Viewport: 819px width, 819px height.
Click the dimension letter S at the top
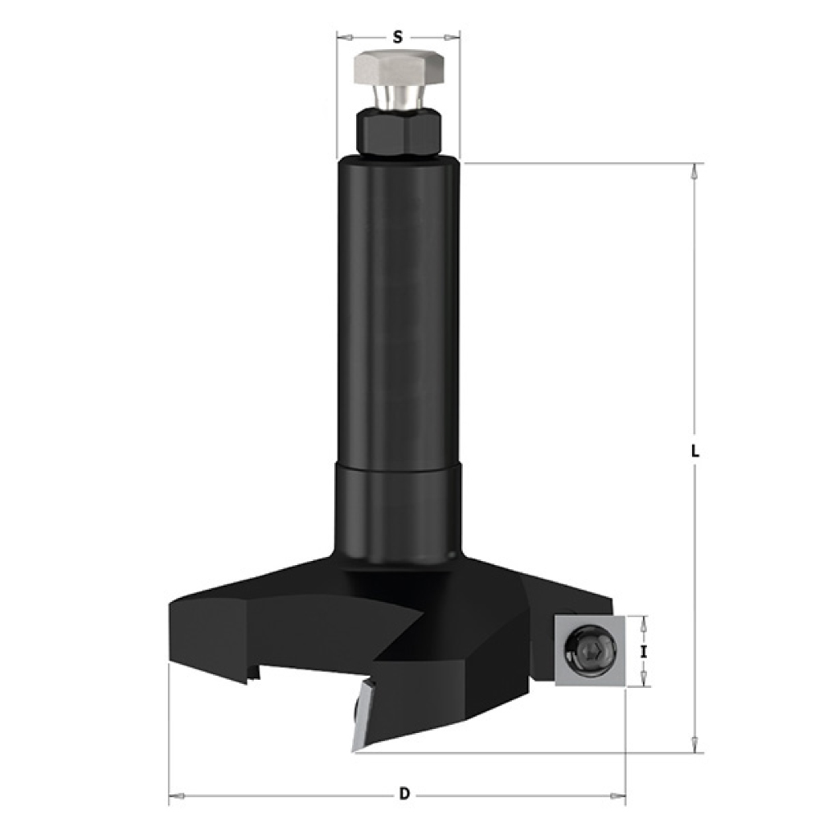click(398, 37)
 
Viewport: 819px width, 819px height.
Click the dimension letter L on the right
click(695, 451)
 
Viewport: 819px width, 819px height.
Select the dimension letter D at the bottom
click(405, 794)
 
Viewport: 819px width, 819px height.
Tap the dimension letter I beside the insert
click(644, 652)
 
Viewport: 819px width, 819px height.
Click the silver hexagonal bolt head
click(399, 69)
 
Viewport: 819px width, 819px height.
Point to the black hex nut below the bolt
click(398, 134)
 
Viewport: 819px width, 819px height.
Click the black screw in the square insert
click(590, 651)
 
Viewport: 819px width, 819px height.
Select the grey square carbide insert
click(590, 651)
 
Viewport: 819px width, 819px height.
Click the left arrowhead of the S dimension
click(344, 37)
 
